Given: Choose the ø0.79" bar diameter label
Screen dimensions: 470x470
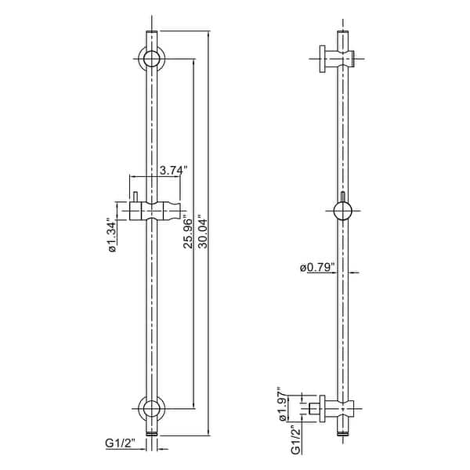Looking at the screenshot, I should coord(317,267).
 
